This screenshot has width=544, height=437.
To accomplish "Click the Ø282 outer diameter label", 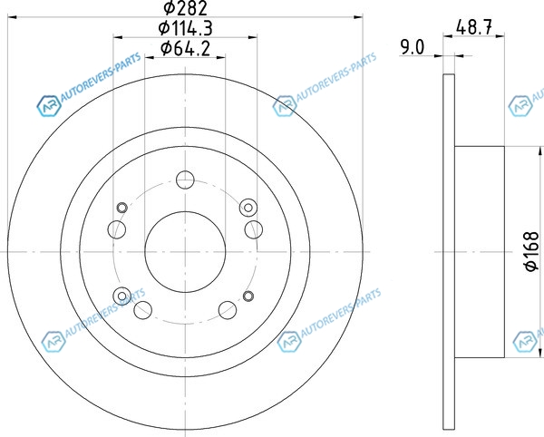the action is point(185,7).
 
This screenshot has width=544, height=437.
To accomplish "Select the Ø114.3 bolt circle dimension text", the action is point(185,28).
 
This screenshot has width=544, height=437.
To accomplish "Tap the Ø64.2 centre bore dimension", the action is point(185,49).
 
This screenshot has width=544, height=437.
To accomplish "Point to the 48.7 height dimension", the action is point(474,27).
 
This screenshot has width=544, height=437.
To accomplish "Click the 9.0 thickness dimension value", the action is point(413,47).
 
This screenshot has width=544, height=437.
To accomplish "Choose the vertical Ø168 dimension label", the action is point(531,251).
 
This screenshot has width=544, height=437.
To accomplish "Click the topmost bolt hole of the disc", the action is point(185,180).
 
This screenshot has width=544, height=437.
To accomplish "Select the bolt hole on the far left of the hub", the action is point(117,229).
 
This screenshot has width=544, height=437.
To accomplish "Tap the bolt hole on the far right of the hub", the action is point(254,229).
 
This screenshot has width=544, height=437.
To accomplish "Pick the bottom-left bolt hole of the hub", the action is point(143,310).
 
